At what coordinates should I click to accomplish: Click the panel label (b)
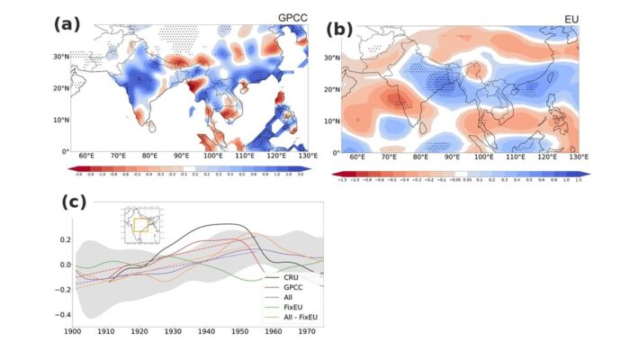(x=340, y=30)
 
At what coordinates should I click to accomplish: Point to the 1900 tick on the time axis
(x=76, y=333)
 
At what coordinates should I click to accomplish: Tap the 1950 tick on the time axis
(x=240, y=333)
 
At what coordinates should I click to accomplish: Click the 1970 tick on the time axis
(x=306, y=333)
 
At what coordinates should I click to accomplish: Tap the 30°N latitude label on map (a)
(x=61, y=56)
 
